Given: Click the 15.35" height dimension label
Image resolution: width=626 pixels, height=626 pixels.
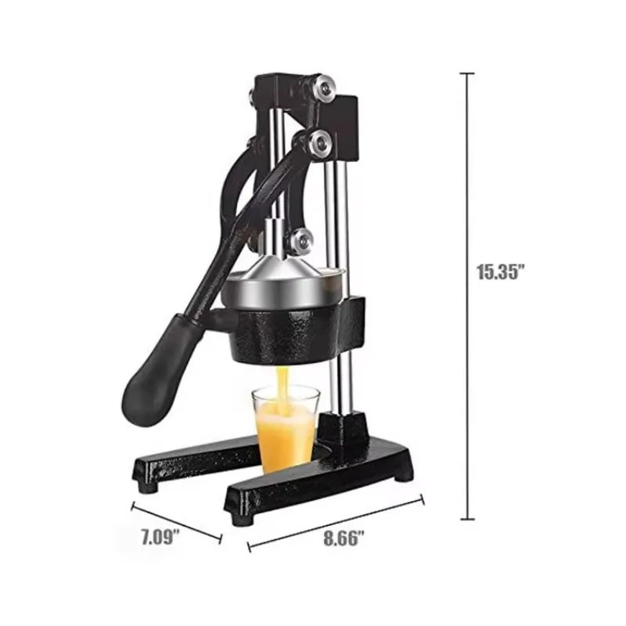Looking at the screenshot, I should point(501,272).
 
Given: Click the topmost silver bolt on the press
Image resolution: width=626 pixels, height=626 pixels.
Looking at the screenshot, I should point(322,87).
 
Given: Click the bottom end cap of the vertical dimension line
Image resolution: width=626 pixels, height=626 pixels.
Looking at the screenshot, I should point(468,519).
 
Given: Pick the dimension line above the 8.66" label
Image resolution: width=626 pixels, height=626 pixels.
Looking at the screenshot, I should point(336,518).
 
